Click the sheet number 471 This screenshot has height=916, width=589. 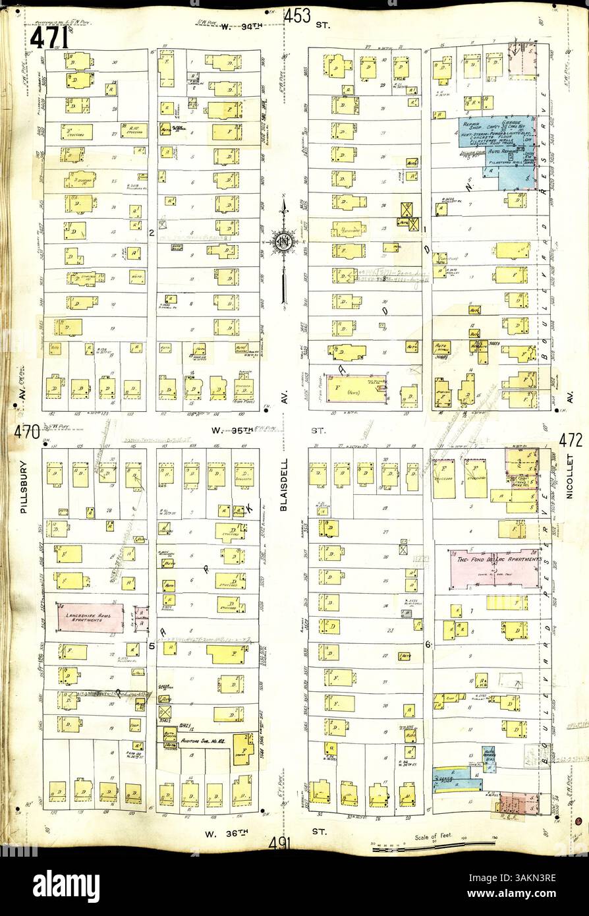47,38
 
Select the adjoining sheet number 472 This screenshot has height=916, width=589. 569,439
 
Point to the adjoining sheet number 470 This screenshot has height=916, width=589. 26,434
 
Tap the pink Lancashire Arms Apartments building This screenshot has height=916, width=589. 90,617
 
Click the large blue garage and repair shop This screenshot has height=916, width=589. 497,146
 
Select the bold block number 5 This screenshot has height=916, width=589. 151,646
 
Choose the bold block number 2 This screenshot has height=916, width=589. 151,232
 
